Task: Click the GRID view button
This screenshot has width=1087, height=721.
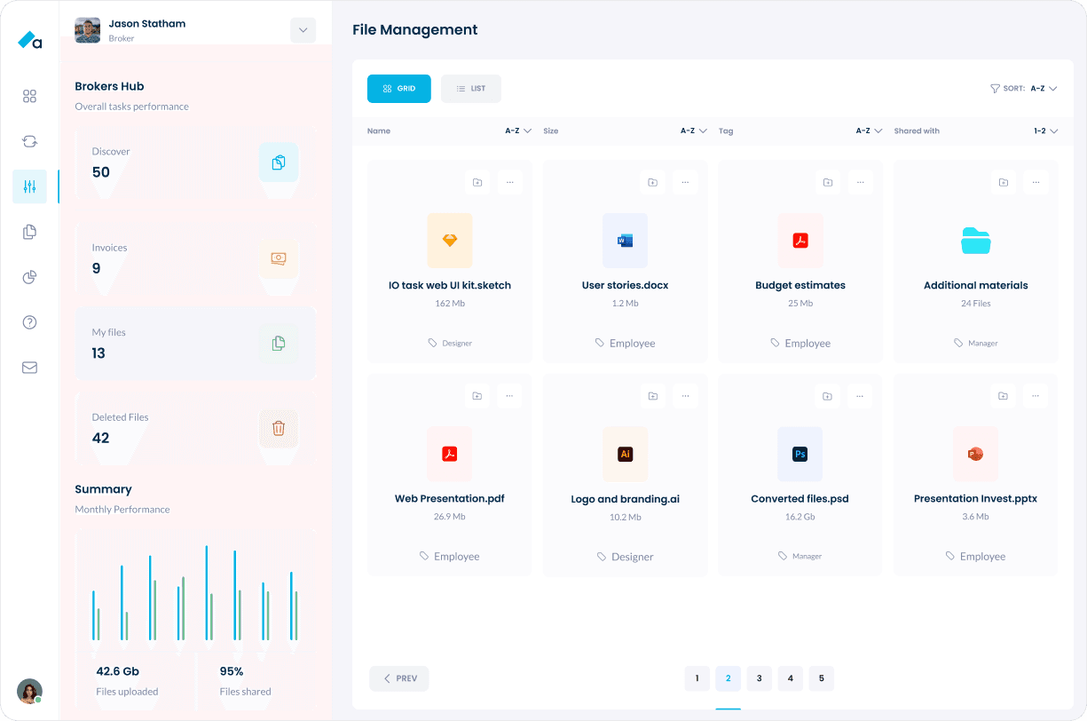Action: click(399, 89)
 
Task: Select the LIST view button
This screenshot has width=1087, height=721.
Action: click(471, 89)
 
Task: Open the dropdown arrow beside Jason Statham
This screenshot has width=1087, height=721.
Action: click(303, 30)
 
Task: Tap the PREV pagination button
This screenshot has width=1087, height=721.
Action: click(399, 678)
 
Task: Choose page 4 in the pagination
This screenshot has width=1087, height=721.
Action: click(790, 678)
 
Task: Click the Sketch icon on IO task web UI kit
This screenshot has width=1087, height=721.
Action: click(450, 241)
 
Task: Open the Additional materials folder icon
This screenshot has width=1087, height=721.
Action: click(975, 241)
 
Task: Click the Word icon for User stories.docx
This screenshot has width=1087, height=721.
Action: click(625, 241)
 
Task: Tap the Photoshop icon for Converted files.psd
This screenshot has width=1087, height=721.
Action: click(799, 454)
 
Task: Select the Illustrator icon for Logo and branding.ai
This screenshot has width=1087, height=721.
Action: click(625, 454)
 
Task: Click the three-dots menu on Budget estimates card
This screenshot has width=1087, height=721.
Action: click(860, 182)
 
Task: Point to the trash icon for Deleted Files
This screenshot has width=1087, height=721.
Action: click(279, 428)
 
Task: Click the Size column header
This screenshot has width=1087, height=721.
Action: click(551, 131)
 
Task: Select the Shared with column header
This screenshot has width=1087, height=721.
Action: click(917, 131)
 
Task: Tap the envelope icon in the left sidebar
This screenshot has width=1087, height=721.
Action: click(29, 368)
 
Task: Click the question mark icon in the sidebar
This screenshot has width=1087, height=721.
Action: click(29, 322)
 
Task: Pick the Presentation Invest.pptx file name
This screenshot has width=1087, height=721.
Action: click(975, 499)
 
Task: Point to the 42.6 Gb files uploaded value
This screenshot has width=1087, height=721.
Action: click(117, 671)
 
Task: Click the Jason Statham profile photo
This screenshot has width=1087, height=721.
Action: click(87, 30)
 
